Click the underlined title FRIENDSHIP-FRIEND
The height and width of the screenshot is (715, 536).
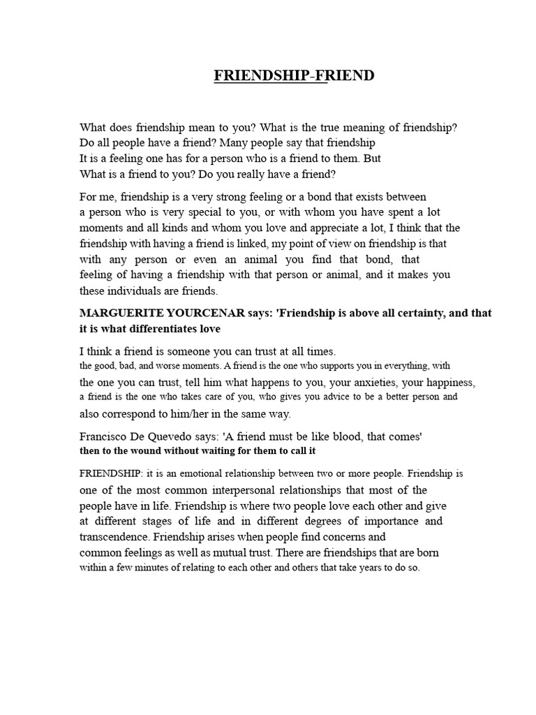(294, 75)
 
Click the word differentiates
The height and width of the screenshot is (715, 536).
(163, 329)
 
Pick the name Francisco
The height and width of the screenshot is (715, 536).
(105, 436)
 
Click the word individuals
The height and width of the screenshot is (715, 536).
(133, 290)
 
